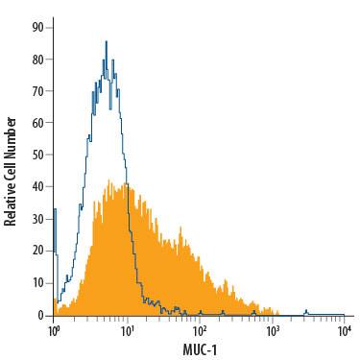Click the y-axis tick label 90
click(x=36, y=28)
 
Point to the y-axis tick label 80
click(x=36, y=60)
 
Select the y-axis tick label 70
click(x=36, y=91)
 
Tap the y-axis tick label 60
click(x=36, y=124)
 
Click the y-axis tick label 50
click(x=36, y=156)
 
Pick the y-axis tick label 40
click(x=36, y=187)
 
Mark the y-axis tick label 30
click(x=36, y=219)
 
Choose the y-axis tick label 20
click(x=36, y=251)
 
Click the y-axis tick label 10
click(x=36, y=283)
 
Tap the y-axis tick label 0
click(x=39, y=315)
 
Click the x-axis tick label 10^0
click(x=55, y=331)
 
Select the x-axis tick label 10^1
click(x=127, y=331)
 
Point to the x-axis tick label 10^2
click(x=199, y=331)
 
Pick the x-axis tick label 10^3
click(x=272, y=331)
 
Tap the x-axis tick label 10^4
click(x=343, y=331)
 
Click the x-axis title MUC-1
click(x=198, y=348)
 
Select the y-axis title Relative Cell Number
click(x=11, y=171)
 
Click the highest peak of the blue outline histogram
click(x=106, y=41)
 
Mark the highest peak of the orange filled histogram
click(x=111, y=179)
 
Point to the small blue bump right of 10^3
click(x=305, y=310)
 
